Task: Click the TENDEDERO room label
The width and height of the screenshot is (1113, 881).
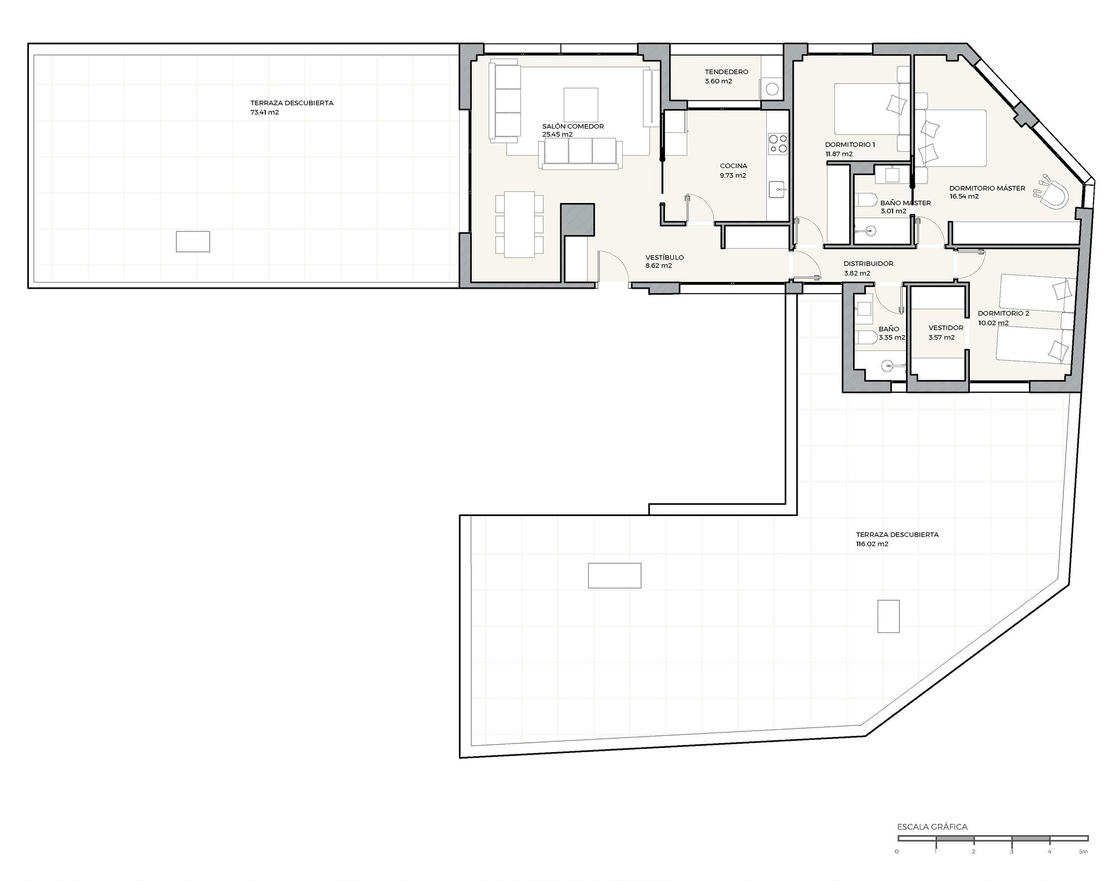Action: [726, 72]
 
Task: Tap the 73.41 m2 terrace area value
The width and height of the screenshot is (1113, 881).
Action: [264, 112]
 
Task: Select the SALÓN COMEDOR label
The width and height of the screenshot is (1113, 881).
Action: [573, 126]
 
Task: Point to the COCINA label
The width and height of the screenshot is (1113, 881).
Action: [733, 166]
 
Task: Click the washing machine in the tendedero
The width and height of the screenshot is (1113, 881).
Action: [772, 88]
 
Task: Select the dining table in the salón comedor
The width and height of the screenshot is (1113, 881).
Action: [519, 225]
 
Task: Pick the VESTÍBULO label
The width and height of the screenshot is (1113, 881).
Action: [664, 258]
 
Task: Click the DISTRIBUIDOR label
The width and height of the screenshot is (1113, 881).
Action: [868, 264]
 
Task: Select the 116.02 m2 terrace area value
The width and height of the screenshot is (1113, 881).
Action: [872, 544]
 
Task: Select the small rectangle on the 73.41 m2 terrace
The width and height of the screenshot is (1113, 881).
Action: [193, 241]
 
